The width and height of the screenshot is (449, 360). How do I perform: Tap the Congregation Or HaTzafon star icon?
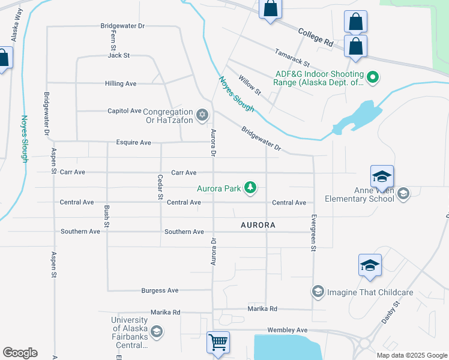pyautogui.click(x=202, y=114)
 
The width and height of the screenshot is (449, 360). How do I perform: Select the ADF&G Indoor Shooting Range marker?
pyautogui.click(x=372, y=77)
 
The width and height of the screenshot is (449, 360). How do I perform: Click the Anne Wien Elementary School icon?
pyautogui.click(x=403, y=193)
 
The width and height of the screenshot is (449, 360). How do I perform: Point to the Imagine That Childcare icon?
pyautogui.click(x=318, y=292)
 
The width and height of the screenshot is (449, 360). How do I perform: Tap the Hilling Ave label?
pyautogui.click(x=121, y=83)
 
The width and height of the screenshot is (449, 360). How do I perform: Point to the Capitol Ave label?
pyautogui.click(x=124, y=111)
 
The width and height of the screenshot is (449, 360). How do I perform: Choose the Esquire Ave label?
pyautogui.click(x=133, y=143)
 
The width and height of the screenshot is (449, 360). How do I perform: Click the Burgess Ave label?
pyautogui.click(x=160, y=290)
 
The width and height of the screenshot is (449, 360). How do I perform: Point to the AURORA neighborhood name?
pyautogui.click(x=258, y=225)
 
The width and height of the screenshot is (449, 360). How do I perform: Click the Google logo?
pyautogui.click(x=20, y=353)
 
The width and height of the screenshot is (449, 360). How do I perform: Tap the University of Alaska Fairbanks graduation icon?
pyautogui.click(x=157, y=331)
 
